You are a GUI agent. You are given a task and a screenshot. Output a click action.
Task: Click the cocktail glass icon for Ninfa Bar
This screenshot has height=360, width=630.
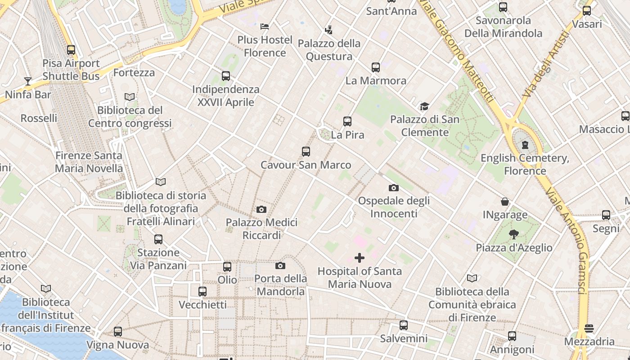tap(28, 81)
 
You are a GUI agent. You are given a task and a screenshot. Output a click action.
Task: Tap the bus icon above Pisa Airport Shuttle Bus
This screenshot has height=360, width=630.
tap(71, 50)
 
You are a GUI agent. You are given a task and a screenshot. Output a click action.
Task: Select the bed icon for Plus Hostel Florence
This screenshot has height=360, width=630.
tap(265, 27)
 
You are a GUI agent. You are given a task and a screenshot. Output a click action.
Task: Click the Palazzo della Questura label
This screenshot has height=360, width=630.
tap(329, 50)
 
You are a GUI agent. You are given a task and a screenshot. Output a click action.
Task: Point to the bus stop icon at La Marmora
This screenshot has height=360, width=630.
tap(376, 67)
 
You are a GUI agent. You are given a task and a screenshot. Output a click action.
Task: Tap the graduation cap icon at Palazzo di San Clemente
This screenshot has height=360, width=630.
tap(424, 107)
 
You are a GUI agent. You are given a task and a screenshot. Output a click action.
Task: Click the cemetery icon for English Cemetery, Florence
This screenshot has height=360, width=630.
tap(525, 145)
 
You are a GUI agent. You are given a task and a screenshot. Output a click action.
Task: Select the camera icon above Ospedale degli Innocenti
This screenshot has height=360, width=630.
tap(394, 188)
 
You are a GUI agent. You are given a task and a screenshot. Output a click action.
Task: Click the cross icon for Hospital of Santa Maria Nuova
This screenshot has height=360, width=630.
tap(359, 258)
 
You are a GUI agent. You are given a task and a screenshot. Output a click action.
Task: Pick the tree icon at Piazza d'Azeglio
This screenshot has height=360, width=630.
tap(513, 234)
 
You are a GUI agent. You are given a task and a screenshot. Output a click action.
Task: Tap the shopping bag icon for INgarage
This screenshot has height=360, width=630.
tap(505, 202)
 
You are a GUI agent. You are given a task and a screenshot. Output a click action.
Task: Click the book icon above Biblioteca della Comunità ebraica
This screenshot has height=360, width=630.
tap(472, 279)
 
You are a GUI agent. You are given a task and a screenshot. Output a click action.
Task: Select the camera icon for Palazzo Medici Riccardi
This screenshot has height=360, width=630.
tap(261, 209)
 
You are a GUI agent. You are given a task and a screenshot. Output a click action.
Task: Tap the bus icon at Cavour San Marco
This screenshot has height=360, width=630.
tap(306, 152)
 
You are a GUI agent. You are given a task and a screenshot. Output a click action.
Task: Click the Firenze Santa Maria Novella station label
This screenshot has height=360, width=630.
tap(89, 162)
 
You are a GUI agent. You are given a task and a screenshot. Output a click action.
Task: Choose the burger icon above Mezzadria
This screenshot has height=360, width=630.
tap(589, 328)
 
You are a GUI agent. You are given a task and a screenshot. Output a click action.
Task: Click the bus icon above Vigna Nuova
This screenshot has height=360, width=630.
tap(118, 332)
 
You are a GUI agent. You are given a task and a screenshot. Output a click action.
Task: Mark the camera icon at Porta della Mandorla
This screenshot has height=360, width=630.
tap(280, 265)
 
